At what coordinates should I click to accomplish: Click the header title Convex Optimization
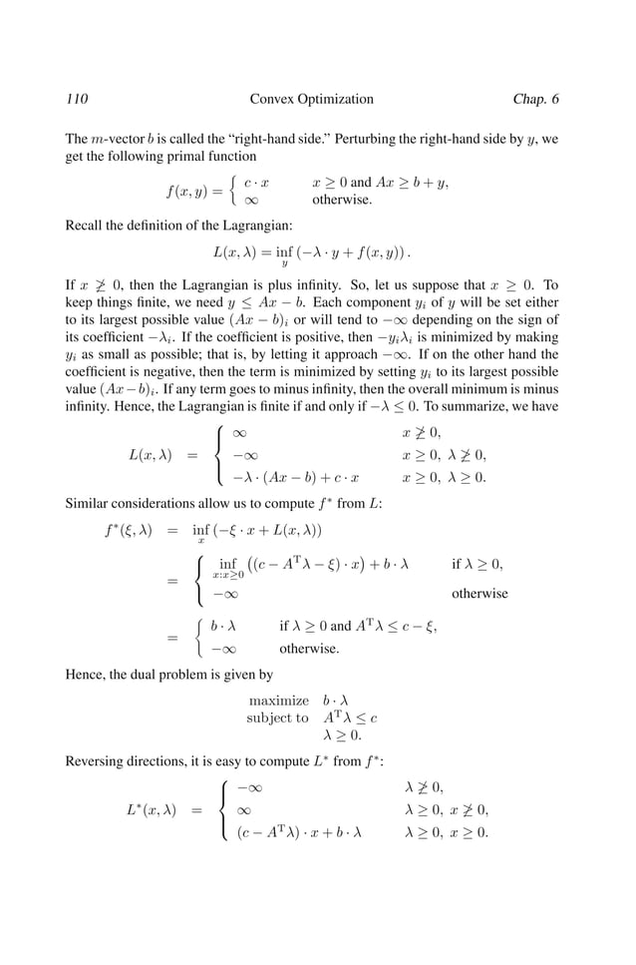[312, 99]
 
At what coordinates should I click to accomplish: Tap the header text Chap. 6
[535, 99]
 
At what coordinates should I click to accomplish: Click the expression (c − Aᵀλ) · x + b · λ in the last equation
[299, 831]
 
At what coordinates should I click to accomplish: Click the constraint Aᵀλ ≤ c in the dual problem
[351, 718]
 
